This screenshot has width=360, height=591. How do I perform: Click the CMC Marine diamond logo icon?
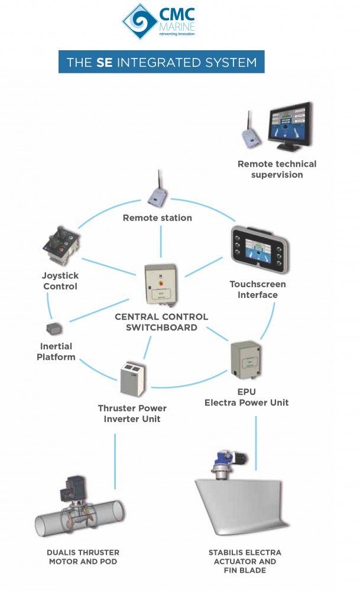pos(138,21)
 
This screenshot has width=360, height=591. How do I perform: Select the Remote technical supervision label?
pos(277,169)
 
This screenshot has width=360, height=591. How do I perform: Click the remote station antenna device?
pos(158,192)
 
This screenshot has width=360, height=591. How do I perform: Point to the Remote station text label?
pos(157,218)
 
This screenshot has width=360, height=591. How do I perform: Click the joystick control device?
pos(60,245)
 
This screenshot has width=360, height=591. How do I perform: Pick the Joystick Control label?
pos(60,281)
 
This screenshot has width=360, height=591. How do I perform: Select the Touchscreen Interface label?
pos(258,289)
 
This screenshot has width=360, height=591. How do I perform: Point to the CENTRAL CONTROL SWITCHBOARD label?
pos(161,322)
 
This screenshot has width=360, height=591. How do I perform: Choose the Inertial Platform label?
pos(56,352)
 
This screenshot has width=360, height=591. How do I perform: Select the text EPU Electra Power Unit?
pos(247,398)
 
